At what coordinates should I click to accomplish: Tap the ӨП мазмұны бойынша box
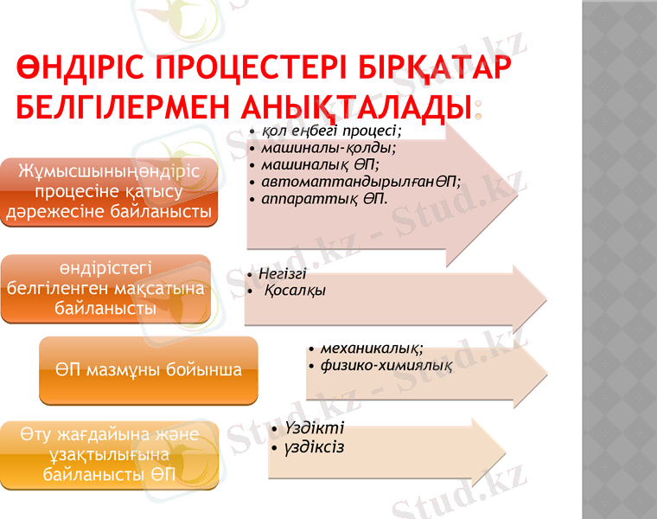(149, 370)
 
